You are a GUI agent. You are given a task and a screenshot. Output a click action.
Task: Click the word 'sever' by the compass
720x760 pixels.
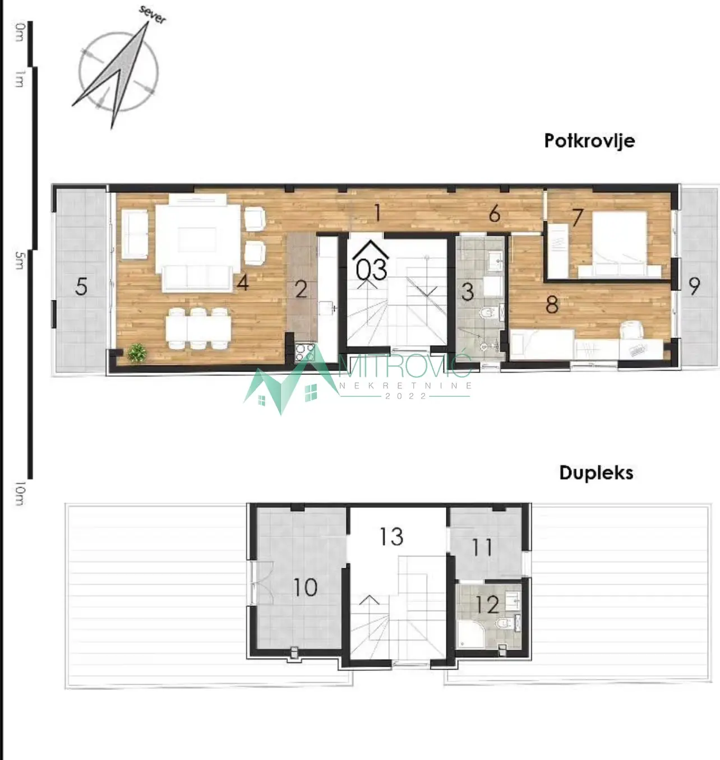(153, 15)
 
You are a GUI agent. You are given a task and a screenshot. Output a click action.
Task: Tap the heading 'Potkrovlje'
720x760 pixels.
(589, 141)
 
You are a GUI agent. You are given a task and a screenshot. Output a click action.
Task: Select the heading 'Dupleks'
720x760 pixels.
(596, 473)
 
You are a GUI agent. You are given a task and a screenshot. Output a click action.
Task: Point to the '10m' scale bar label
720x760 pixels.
(20, 493)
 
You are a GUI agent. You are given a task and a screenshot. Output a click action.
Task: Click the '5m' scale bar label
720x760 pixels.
(19, 260)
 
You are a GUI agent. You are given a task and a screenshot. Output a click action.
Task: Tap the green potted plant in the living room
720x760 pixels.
(137, 353)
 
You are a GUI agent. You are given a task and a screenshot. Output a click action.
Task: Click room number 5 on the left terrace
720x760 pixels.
(81, 287)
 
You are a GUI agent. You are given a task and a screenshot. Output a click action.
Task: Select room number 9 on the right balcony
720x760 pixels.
(694, 286)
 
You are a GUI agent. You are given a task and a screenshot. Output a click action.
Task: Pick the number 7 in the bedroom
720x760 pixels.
(577, 217)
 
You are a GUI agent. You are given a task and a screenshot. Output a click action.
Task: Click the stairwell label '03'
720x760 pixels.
(371, 270)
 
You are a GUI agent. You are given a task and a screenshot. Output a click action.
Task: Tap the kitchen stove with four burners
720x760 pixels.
(305, 353)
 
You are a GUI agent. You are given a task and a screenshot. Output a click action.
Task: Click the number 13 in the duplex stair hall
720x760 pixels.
(391, 536)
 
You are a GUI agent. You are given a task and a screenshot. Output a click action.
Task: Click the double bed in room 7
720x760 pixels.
(620, 244)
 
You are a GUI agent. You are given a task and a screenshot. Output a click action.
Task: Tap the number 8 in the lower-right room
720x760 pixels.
(552, 305)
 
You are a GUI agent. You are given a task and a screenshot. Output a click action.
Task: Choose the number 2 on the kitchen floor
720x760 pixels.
(301, 289)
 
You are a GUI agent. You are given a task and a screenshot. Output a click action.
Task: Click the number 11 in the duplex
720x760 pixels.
(482, 548)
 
